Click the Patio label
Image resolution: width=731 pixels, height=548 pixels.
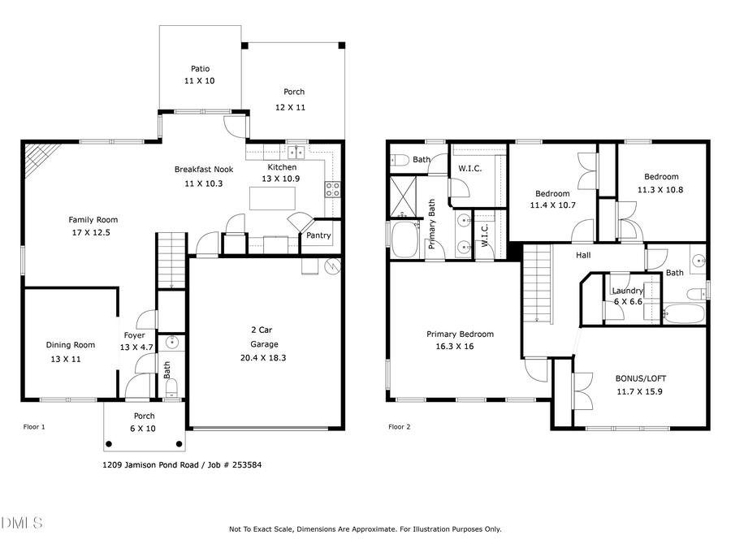(201, 69)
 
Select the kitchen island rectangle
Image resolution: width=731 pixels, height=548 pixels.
(272, 198)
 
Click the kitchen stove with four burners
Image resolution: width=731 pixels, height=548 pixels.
(332, 189)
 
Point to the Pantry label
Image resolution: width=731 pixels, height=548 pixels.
(318, 236)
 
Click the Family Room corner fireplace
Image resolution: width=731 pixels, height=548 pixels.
(37, 159)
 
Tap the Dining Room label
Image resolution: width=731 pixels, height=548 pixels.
(70, 345)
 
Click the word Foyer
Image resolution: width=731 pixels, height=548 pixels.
(134, 335)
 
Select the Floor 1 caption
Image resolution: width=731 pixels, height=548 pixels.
(34, 427)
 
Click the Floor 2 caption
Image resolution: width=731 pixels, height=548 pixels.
(400, 427)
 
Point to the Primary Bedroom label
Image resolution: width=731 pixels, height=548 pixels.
(460, 334)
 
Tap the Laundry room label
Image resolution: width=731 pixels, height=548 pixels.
(628, 291)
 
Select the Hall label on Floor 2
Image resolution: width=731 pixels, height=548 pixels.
(583, 255)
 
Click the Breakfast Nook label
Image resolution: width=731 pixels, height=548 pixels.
(204, 170)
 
